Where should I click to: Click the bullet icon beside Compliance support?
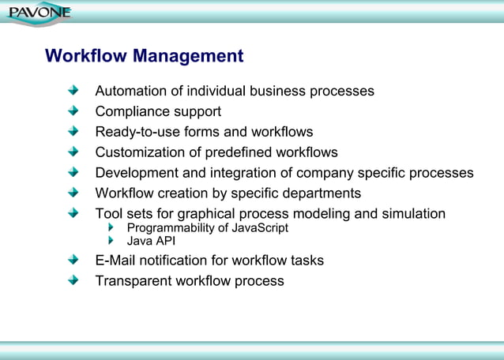click(73, 111)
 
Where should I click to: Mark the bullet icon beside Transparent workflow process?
click(73, 281)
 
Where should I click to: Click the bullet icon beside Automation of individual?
click(73, 91)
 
